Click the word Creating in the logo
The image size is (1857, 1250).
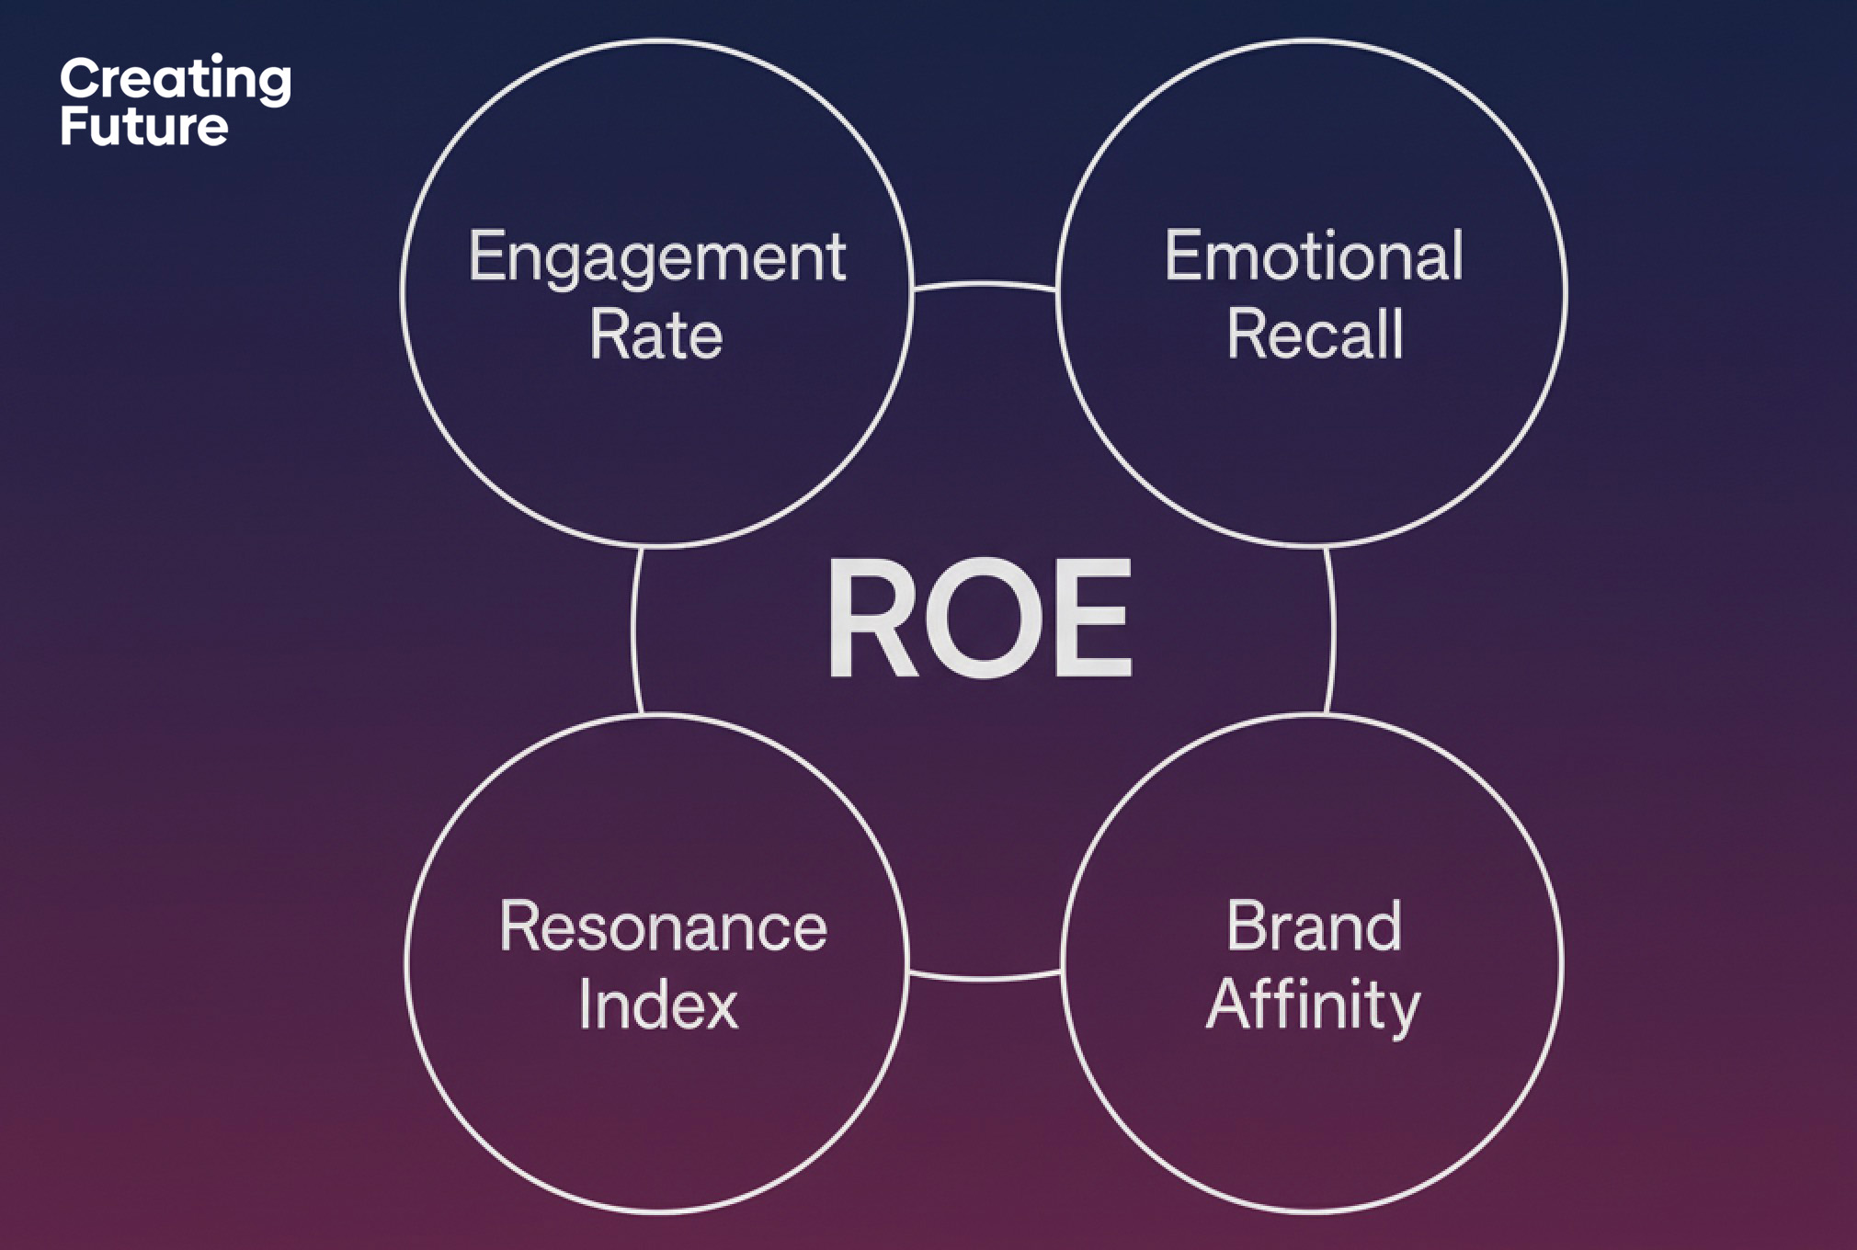point(175,80)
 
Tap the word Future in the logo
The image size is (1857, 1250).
point(143,126)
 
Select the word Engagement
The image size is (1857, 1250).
point(656,257)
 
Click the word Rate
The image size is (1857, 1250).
point(655,335)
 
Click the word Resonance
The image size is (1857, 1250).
point(663,926)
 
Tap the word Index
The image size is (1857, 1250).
point(657,1005)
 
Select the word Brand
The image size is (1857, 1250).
point(1314,926)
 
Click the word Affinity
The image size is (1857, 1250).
point(1313,1005)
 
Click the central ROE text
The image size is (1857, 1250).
point(980,619)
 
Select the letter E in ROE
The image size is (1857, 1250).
point(1093,619)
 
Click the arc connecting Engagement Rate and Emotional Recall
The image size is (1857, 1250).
point(984,283)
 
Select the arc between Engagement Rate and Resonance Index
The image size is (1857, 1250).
point(634,631)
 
